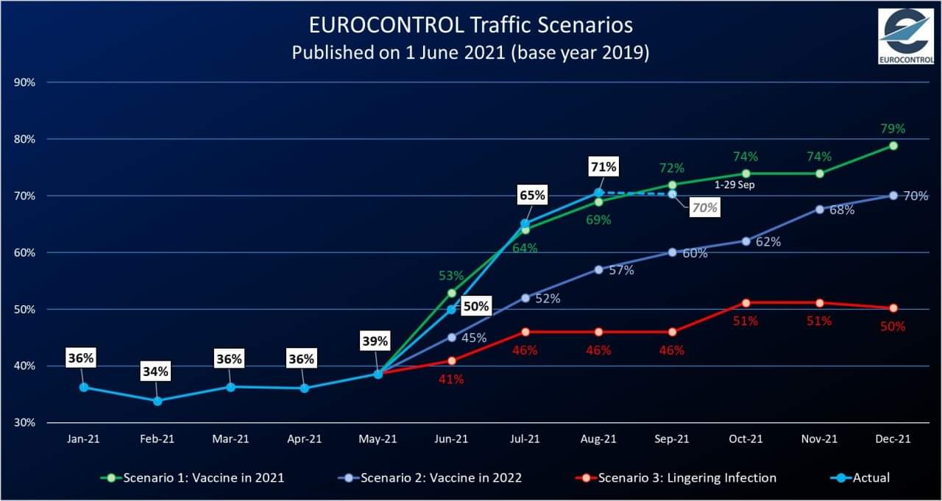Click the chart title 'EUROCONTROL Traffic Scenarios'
[x=470, y=24]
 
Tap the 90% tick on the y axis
[x=25, y=82]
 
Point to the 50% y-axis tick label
[x=25, y=310]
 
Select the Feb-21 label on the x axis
[x=157, y=439]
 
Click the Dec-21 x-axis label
[x=893, y=439]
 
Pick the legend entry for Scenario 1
[x=192, y=477]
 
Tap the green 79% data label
[x=893, y=129]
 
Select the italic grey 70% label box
[x=704, y=208]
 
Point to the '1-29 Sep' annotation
[x=734, y=185]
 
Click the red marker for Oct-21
[x=746, y=303]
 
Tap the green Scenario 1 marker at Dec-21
[x=893, y=146]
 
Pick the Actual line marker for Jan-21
[x=84, y=387]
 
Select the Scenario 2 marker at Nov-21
[x=819, y=209]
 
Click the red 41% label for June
[x=451, y=380]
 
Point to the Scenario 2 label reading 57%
[x=621, y=270]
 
